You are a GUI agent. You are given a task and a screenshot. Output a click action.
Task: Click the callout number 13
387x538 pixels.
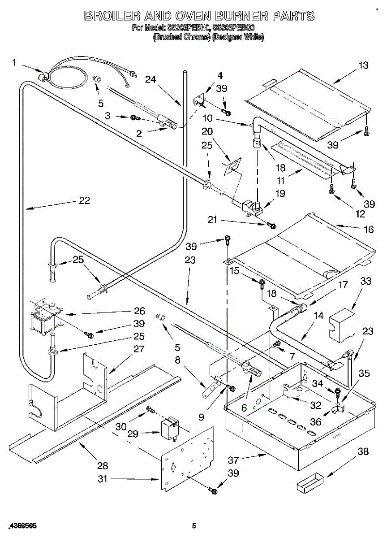(x=363, y=65)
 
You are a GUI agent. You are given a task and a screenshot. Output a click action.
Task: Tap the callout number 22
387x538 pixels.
(x=84, y=201)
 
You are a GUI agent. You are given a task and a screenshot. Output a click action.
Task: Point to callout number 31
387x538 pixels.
(x=103, y=479)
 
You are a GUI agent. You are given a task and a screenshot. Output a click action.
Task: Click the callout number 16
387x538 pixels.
(x=368, y=230)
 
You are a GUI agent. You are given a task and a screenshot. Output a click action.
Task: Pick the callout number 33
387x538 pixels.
(x=366, y=282)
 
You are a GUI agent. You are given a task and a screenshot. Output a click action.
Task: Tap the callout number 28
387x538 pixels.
(x=103, y=466)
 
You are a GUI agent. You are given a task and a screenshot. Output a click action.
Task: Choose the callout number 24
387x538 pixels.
(x=150, y=79)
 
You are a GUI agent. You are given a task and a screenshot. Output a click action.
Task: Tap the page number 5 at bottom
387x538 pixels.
(x=193, y=526)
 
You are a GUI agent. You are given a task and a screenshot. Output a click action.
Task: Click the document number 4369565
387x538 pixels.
(x=22, y=525)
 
